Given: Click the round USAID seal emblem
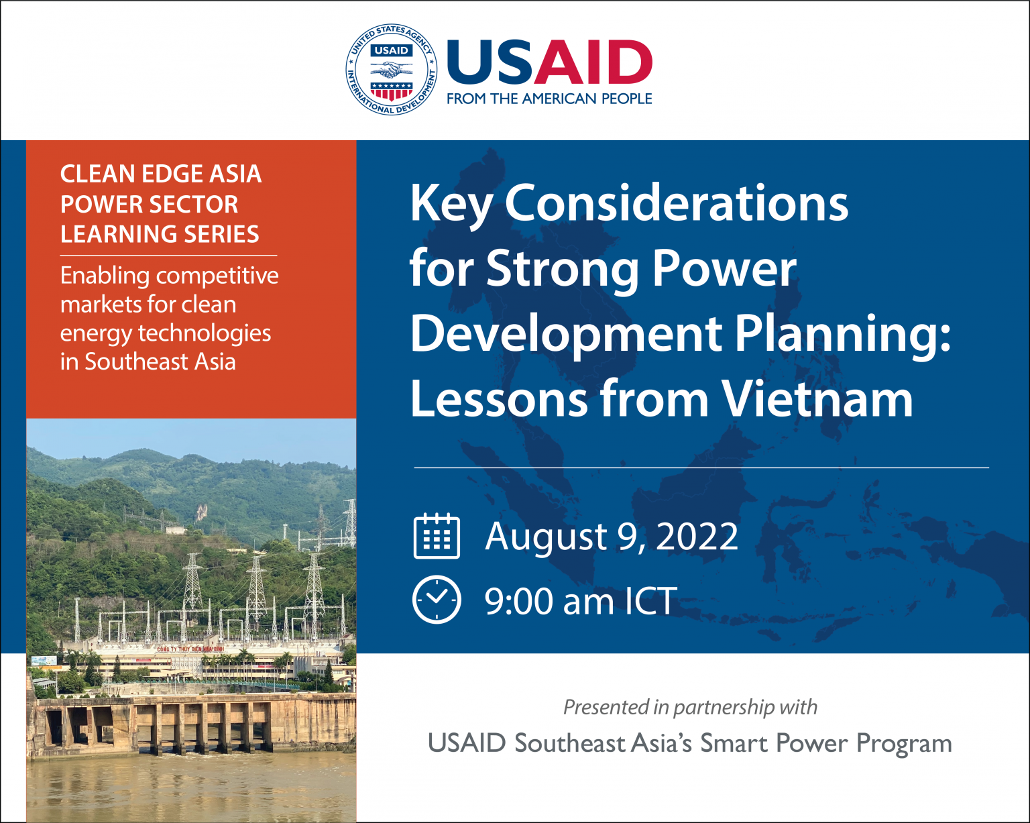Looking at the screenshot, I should pyautogui.click(x=392, y=70).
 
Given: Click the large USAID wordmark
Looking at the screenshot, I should pyautogui.click(x=549, y=62).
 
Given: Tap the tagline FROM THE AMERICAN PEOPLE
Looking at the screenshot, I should pyautogui.click(x=549, y=99).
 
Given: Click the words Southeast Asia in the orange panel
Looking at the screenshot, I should pyautogui.click(x=160, y=362).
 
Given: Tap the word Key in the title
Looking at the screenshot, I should pyautogui.click(x=451, y=203).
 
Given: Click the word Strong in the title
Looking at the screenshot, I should pyautogui.click(x=563, y=268).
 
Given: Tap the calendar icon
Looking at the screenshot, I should pyautogui.click(x=437, y=536).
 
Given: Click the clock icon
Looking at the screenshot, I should pyautogui.click(x=437, y=600).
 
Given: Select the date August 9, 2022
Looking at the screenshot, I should pyautogui.click(x=612, y=537).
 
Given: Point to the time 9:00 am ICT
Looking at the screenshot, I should pyautogui.click(x=581, y=601).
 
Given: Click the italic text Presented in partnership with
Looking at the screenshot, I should pyautogui.click(x=690, y=707).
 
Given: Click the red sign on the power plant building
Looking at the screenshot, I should pyautogui.click(x=190, y=649).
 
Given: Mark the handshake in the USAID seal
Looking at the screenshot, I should pyautogui.click(x=392, y=69).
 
